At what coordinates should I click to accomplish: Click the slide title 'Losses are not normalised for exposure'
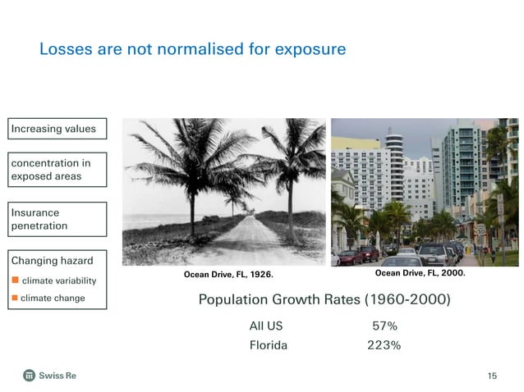[x=192, y=50]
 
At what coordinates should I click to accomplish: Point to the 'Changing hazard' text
[x=51, y=261]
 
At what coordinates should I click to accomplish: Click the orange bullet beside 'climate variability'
[x=14, y=281]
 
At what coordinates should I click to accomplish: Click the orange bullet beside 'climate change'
[x=14, y=298]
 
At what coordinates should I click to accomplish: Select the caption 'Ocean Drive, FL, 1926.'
[x=228, y=274]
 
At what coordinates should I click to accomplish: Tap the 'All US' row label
[x=266, y=326]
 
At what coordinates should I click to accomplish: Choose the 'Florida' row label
[x=269, y=345]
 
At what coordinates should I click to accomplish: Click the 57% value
[x=384, y=326]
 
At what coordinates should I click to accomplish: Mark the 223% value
[x=384, y=345]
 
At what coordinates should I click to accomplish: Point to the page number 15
[x=492, y=376]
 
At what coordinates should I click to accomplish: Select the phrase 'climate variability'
[x=58, y=281]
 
